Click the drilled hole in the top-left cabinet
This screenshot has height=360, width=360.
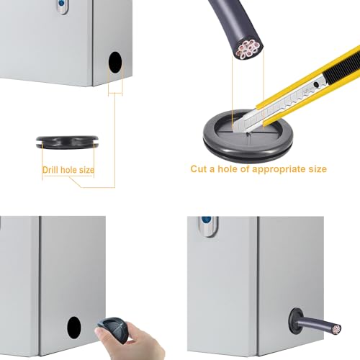(x=115, y=63)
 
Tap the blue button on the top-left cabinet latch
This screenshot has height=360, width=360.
(x=61, y=4)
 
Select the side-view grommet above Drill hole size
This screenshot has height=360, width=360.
(x=67, y=143)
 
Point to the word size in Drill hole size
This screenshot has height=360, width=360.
(x=86, y=170)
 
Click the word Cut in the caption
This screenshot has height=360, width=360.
(x=199, y=169)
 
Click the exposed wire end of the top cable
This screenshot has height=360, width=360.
(x=248, y=50)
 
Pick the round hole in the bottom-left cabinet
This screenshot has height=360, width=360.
(x=74, y=328)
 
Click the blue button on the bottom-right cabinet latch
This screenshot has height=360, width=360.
(x=207, y=220)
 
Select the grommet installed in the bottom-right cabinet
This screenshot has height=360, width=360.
(x=296, y=321)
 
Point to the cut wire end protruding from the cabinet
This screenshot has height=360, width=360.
(x=336, y=329)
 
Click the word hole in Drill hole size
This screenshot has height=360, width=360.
(x=68, y=170)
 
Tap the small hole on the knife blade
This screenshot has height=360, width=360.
(x=317, y=84)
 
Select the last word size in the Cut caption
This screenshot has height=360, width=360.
(x=318, y=169)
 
